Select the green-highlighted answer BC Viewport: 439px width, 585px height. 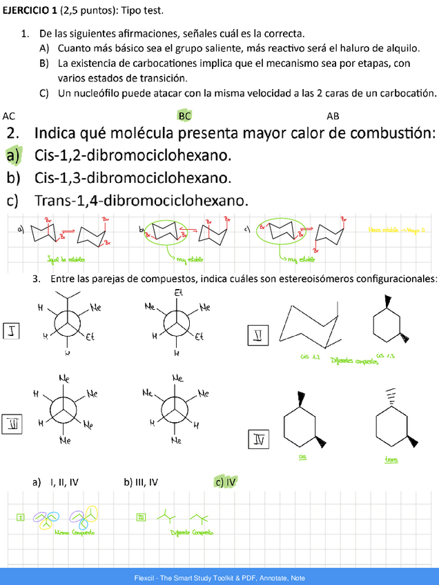[x=184, y=116]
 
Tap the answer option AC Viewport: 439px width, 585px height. [x=9, y=116]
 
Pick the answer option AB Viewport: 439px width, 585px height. [x=333, y=116]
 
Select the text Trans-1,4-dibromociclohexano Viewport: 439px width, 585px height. [x=140, y=201]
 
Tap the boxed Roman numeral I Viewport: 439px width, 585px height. [x=12, y=332]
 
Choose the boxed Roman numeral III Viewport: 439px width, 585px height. [x=12, y=423]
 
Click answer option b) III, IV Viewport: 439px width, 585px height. [x=141, y=482]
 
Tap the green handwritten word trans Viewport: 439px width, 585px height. [x=391, y=460]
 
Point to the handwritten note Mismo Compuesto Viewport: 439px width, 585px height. [x=75, y=532]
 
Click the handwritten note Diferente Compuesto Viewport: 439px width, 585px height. [x=191, y=532]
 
